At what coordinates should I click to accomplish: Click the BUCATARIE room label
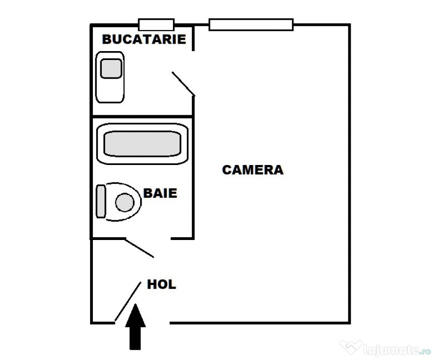point(144,39)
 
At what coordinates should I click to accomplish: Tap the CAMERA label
point(253,170)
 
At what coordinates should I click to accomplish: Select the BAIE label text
point(160,193)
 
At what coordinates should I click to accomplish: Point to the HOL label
point(162,285)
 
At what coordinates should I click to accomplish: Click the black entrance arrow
point(135,327)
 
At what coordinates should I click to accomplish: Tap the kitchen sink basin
point(111,68)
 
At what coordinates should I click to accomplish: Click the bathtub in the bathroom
point(143,144)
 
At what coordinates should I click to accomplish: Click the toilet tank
point(101,201)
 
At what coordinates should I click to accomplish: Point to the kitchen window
point(156,24)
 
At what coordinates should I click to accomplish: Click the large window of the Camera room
point(251,24)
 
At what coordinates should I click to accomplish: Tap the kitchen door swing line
point(183,84)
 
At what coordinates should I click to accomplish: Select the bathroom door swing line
point(139,248)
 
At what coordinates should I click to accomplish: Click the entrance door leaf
point(128,301)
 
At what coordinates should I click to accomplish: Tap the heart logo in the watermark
point(351,347)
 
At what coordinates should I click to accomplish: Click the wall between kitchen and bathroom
point(143,116)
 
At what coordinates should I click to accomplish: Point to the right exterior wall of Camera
point(350,174)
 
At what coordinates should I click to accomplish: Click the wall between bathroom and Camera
point(193,178)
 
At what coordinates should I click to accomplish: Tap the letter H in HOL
point(151,285)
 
